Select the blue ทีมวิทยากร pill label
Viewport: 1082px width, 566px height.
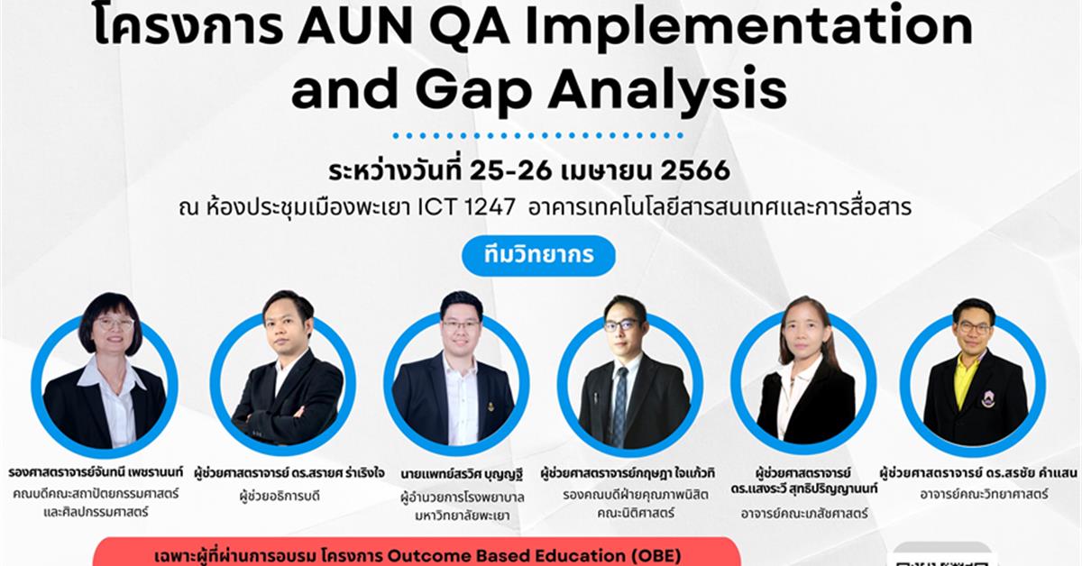[538, 256]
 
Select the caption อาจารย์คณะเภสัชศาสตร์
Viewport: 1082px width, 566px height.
[805, 513]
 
